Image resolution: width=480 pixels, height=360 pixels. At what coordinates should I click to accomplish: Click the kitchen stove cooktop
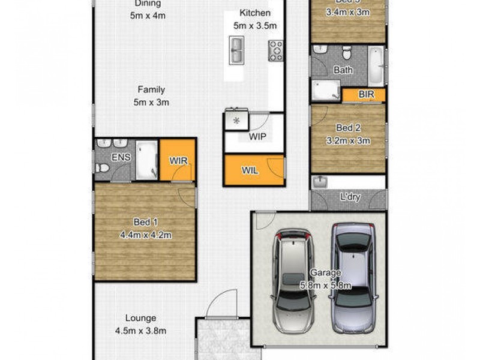tap(276, 51)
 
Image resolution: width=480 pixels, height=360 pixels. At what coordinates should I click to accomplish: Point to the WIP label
tap(257, 136)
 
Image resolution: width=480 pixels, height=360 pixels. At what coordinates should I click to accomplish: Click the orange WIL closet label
tap(250, 170)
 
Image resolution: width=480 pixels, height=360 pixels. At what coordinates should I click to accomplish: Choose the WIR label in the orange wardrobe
tap(178, 160)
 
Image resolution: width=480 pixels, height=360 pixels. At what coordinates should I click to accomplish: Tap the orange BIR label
tap(365, 95)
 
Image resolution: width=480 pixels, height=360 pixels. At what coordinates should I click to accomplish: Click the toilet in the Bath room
tap(346, 52)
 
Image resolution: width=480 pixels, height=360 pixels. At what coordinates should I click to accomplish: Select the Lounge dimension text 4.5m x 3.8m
tap(141, 330)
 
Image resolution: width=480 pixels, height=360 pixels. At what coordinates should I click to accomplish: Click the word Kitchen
tap(255, 13)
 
